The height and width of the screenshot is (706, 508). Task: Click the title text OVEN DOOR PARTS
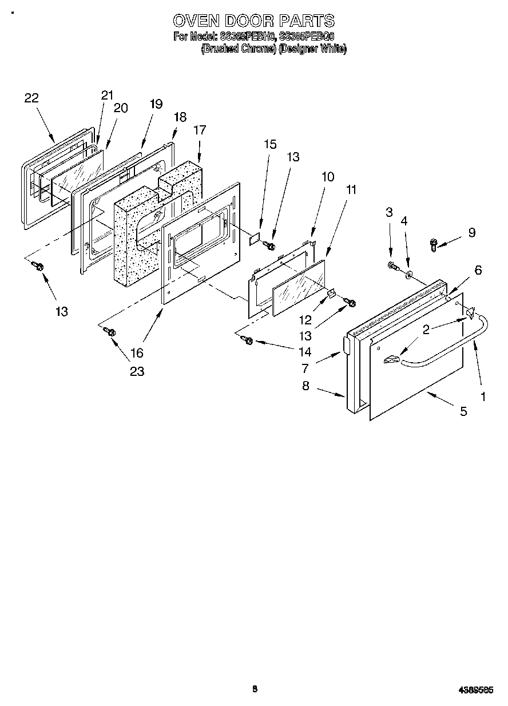tap(253, 21)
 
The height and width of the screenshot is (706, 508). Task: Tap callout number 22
tap(31, 98)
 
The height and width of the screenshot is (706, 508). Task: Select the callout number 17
tap(199, 130)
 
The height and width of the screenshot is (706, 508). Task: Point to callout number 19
tap(156, 104)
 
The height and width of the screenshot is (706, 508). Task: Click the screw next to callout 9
tap(434, 245)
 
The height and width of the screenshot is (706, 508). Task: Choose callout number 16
tap(137, 352)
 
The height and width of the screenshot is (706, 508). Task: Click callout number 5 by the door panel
tap(463, 410)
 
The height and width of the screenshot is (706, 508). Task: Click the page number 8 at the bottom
tap(255, 689)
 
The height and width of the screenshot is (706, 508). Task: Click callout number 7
tap(305, 367)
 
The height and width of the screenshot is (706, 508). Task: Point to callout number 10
tap(327, 177)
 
